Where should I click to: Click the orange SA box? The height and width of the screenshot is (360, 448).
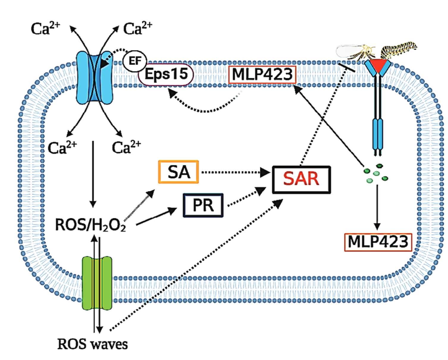[178, 172]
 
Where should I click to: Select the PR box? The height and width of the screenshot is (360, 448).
[203, 205]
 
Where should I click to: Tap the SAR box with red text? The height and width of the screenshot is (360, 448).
[301, 179]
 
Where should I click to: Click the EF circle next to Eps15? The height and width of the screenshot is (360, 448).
[135, 61]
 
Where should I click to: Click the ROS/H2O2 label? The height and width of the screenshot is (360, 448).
[90, 225]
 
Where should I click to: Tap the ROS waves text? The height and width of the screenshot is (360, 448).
[93, 344]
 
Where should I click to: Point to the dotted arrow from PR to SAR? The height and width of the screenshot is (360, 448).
[246, 197]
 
